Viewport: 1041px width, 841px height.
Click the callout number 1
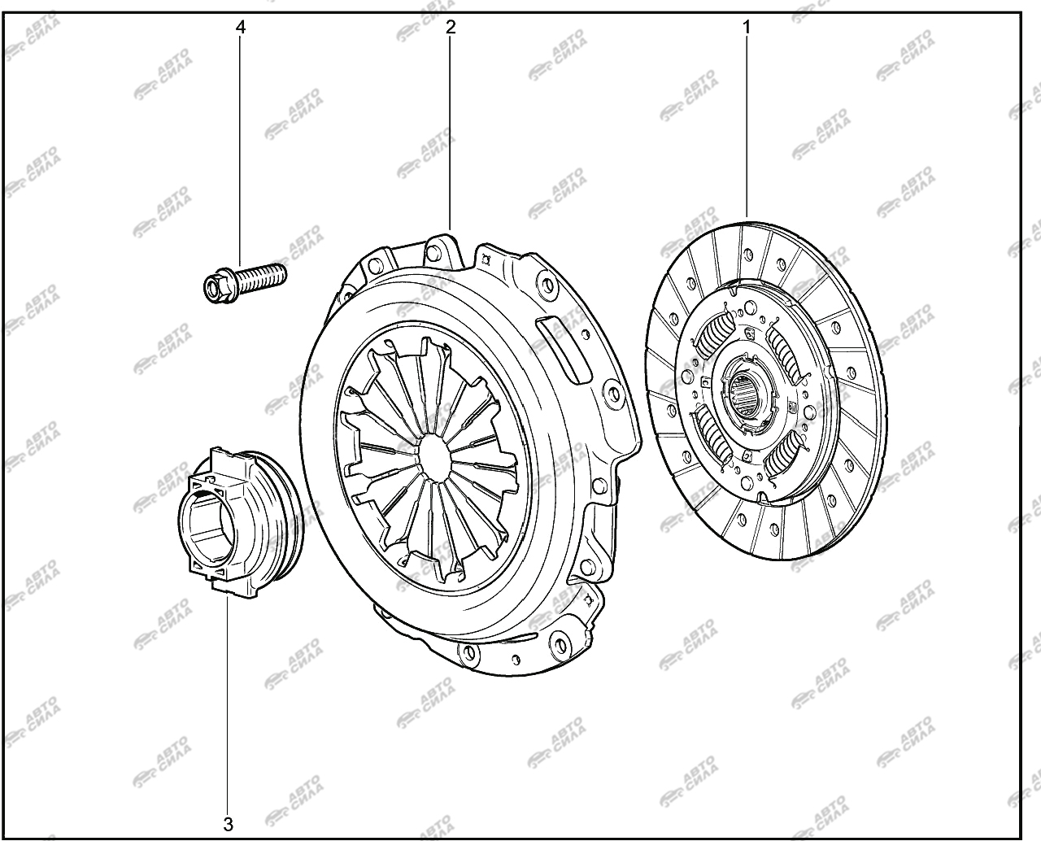click(x=747, y=28)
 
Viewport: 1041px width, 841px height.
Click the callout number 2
click(x=450, y=27)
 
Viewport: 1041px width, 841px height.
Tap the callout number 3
click(x=229, y=824)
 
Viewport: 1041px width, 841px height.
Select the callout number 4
click(x=241, y=27)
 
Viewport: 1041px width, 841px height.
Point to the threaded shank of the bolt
click(x=261, y=275)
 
